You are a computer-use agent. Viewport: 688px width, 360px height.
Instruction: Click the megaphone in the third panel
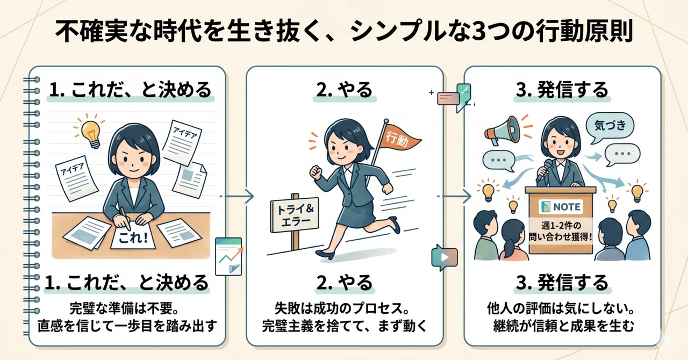point(502,130)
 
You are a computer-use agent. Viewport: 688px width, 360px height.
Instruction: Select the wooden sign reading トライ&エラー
point(294,215)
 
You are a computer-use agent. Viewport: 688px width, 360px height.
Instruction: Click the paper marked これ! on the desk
point(133,236)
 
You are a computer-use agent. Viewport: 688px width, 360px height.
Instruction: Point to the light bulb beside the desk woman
point(91,134)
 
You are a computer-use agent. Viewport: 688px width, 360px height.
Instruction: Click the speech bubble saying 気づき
point(610,126)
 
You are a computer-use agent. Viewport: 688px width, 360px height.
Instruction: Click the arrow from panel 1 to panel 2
point(237,196)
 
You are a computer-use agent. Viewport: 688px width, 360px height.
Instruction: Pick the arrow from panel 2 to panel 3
point(454,196)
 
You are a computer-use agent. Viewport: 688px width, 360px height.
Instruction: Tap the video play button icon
point(445,257)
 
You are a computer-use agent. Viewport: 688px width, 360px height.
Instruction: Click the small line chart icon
point(228,256)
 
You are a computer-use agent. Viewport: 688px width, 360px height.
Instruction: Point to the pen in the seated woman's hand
point(126,219)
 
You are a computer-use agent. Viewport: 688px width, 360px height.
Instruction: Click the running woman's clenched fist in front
point(315,172)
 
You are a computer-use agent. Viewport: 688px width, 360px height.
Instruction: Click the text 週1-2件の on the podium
point(561,226)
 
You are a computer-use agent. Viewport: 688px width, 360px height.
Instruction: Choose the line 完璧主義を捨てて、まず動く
point(345,326)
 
